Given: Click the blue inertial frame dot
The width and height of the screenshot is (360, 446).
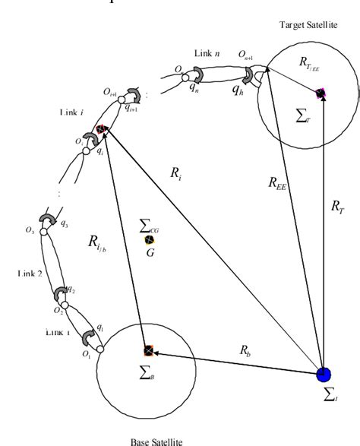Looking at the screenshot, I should click(x=324, y=374).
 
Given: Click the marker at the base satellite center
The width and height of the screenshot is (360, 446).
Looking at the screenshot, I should click(x=148, y=351).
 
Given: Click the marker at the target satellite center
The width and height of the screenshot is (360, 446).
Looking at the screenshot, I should click(x=321, y=94).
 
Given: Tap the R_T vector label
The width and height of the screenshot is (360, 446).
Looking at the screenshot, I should click(x=338, y=205).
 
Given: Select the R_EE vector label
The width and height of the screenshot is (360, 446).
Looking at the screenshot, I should click(x=279, y=182).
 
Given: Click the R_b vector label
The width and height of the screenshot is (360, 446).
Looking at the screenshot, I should click(x=245, y=351).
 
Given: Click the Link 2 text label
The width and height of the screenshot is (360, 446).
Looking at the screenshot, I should click(x=30, y=273).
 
